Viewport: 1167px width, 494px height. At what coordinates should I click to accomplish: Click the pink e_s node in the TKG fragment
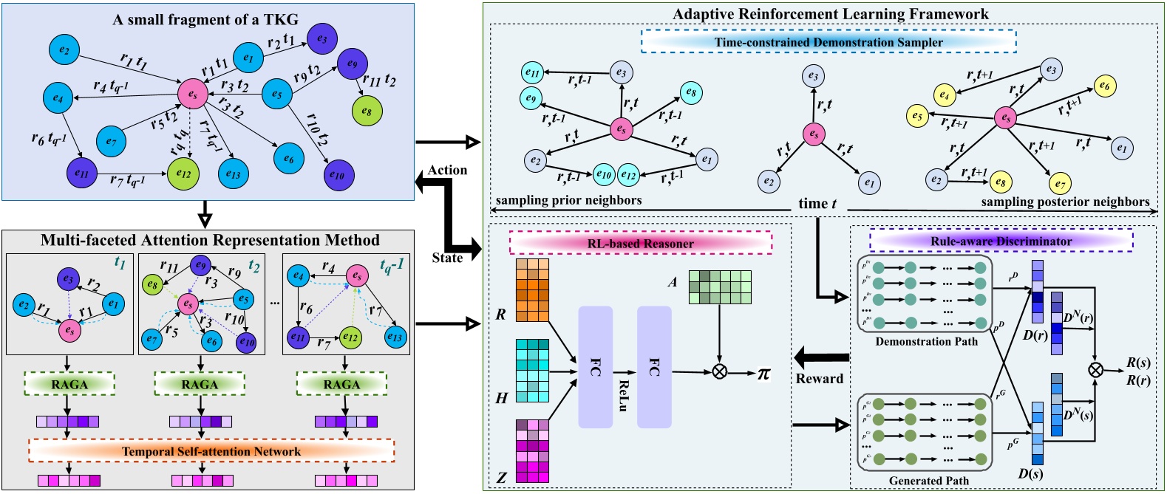click(192, 94)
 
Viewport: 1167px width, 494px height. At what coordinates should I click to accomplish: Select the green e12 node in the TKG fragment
click(183, 174)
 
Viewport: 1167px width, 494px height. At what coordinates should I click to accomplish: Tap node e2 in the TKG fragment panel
click(64, 50)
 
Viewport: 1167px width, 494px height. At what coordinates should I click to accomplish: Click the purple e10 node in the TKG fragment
click(338, 175)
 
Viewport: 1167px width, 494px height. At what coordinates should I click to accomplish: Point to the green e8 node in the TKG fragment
click(367, 112)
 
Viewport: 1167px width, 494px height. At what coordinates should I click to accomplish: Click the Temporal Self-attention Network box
click(211, 451)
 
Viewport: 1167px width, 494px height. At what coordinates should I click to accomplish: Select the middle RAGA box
click(200, 384)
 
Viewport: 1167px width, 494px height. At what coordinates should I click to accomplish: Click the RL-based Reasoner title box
click(640, 243)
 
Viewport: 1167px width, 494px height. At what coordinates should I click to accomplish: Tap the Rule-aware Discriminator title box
click(1001, 241)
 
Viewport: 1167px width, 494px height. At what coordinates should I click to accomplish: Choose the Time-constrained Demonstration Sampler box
click(828, 42)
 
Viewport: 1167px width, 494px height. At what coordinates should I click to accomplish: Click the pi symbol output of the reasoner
click(763, 373)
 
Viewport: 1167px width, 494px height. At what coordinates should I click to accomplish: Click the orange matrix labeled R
click(532, 289)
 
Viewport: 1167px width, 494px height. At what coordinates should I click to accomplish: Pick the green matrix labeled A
click(720, 287)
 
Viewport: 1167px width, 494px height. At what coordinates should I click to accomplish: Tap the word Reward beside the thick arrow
click(819, 379)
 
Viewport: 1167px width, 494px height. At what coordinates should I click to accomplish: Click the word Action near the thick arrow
click(447, 171)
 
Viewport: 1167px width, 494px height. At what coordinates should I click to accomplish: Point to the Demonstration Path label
click(926, 341)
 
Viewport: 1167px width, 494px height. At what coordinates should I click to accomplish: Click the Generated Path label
click(928, 481)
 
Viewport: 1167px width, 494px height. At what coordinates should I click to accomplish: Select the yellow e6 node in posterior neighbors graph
click(1103, 86)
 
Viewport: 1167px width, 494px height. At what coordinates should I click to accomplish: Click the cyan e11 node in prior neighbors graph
click(532, 72)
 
